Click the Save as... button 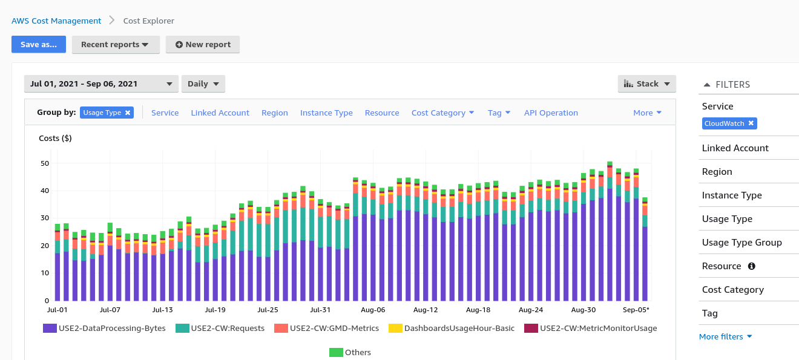coord(39,44)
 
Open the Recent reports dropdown coord(115,44)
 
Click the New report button coord(203,44)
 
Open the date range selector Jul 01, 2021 coord(101,83)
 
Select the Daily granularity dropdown coord(203,83)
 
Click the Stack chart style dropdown coord(646,83)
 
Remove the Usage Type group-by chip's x coord(128,113)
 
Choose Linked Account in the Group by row coord(220,113)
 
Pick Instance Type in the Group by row coord(326,113)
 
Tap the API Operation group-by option coord(551,113)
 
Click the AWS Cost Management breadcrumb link coord(56,21)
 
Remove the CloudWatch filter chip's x coord(751,123)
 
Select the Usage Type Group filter coord(741,243)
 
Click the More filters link coord(725,336)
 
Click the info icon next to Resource coord(752,266)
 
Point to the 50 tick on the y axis coord(45,163)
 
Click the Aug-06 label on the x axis coord(373,310)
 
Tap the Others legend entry coord(350,352)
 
